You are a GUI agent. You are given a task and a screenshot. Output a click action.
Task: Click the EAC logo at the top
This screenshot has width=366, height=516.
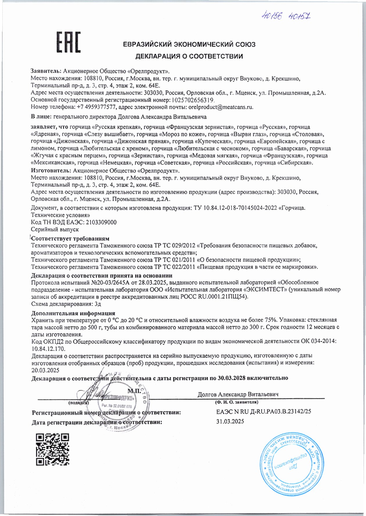click(x=68, y=42)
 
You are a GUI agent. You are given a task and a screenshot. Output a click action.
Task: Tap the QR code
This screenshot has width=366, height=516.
click(x=52, y=450)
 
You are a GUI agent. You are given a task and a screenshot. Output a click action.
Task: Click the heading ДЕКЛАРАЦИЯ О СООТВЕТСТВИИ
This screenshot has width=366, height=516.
click(x=189, y=56)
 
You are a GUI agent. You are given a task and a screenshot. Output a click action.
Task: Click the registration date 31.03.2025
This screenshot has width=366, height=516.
click(x=230, y=421)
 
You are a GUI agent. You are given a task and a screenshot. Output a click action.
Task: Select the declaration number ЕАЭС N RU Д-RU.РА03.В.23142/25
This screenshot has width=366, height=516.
click(x=263, y=412)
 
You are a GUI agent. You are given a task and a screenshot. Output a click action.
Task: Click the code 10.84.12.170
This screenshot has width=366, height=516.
click(x=48, y=349)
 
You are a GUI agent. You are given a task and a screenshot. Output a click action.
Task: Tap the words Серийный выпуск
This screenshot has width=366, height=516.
click(x=55, y=230)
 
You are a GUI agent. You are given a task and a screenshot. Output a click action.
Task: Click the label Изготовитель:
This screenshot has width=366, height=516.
click(x=51, y=171)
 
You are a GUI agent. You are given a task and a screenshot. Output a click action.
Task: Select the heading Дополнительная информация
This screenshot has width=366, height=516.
click(x=73, y=313)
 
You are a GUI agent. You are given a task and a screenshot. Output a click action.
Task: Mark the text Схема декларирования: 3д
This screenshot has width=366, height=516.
click(x=66, y=304)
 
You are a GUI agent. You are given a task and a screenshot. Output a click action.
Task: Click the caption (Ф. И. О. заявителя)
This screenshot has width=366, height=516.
click(x=236, y=402)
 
